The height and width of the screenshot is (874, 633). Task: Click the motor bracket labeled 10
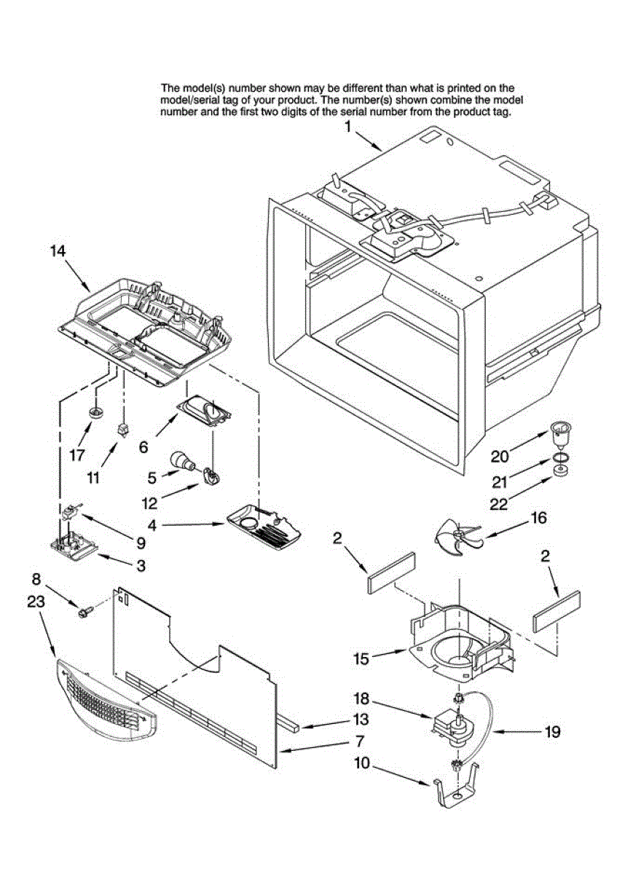point(457,790)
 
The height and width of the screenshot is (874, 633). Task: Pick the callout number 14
point(58,251)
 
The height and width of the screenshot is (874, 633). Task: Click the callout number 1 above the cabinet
point(348,127)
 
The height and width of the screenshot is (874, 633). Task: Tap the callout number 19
point(553,731)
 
